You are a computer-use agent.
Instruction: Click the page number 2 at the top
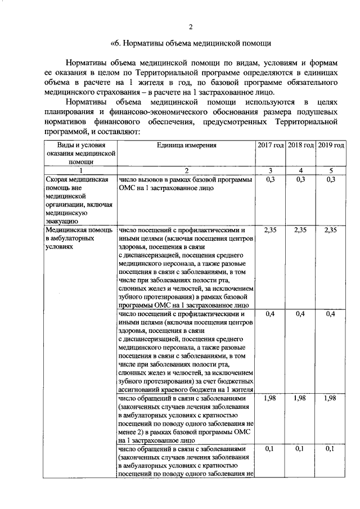click(190, 27)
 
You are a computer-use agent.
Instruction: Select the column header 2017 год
click(271, 145)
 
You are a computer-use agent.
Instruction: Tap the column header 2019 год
click(331, 145)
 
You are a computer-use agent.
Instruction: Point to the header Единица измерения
click(187, 145)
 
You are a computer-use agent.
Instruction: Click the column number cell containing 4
click(301, 170)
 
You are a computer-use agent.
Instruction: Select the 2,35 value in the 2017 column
click(271, 230)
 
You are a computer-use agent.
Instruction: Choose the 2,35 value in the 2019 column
click(331, 230)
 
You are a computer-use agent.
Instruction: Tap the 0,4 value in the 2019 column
click(331, 314)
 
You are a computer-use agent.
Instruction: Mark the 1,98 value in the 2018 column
click(301, 398)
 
